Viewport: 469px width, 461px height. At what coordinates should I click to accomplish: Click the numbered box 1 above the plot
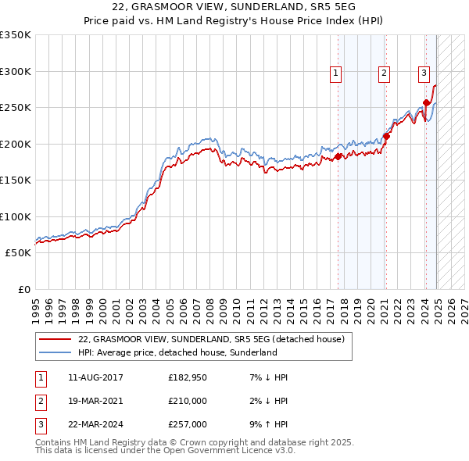[335, 73]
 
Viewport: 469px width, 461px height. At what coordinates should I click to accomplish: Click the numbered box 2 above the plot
[385, 73]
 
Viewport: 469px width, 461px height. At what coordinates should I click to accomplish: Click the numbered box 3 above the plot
[424, 73]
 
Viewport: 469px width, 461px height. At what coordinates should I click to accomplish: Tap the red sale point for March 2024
[426, 102]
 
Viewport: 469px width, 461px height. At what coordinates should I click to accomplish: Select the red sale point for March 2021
[386, 137]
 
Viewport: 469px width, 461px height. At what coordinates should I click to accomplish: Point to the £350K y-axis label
[16, 35]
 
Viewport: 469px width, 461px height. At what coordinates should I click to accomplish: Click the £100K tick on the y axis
[16, 216]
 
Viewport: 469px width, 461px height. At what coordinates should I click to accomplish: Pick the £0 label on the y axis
[23, 289]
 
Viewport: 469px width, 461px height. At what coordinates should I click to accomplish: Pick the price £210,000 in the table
[188, 402]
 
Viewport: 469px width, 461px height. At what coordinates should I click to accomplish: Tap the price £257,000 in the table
[188, 425]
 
